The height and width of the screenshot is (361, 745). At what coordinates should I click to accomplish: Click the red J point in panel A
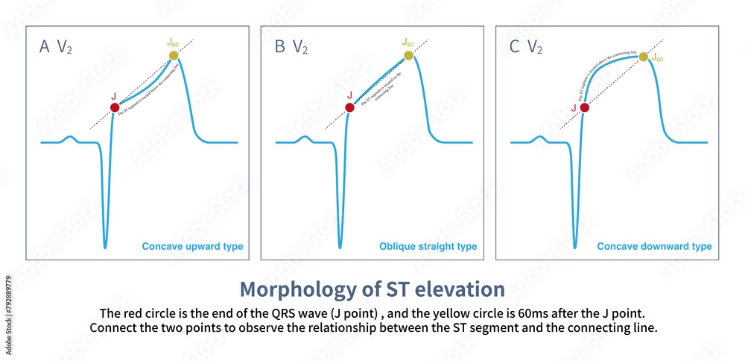[x=115, y=107]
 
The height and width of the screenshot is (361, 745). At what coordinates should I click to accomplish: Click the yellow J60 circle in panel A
[x=174, y=55]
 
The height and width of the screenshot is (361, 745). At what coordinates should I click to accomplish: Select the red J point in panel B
[x=349, y=107]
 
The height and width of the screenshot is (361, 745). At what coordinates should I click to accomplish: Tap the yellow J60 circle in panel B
[x=408, y=55]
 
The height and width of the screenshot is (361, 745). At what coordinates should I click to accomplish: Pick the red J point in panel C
[x=584, y=107]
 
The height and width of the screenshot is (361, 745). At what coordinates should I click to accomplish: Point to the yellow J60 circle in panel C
[x=643, y=56]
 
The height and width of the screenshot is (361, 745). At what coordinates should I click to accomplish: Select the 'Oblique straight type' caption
[x=428, y=247]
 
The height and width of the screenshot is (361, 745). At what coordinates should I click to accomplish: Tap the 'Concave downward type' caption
[x=654, y=247]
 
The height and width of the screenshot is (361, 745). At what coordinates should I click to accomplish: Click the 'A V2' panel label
[x=56, y=48]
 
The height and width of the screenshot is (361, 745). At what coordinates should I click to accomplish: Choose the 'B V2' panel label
[x=291, y=48]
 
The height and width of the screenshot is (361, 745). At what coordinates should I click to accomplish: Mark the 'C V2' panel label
[x=525, y=48]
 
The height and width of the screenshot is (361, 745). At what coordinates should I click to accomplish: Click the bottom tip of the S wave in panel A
[x=105, y=247]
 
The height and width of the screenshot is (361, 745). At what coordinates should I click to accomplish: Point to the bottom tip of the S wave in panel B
[x=340, y=247]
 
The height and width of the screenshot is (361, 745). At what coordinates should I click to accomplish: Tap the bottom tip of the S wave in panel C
[x=574, y=247]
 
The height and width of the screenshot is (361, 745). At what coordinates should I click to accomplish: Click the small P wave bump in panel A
[x=69, y=137]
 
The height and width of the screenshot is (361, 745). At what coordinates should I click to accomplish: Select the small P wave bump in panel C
[x=539, y=137]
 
